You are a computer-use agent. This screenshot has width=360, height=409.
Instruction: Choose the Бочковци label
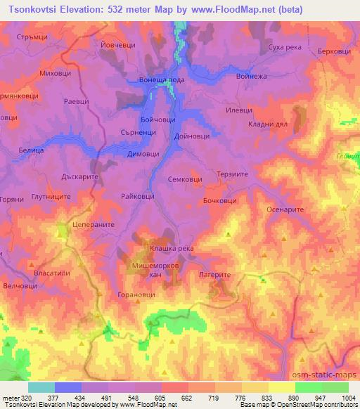219,202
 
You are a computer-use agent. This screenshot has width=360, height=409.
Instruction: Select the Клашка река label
172,249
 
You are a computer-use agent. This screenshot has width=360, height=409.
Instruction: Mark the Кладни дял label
270,124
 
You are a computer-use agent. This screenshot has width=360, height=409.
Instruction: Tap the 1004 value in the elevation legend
348,398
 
